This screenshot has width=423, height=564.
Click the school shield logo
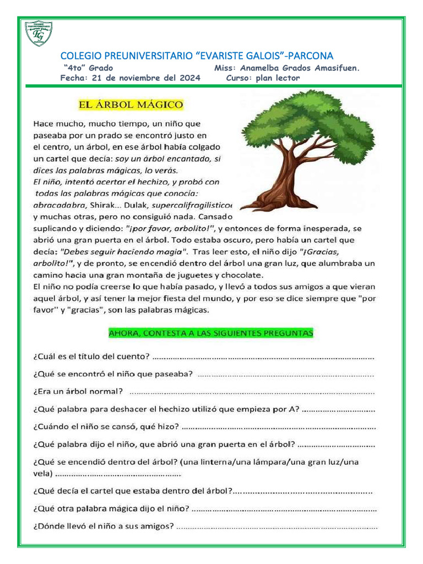click(x=39, y=33)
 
